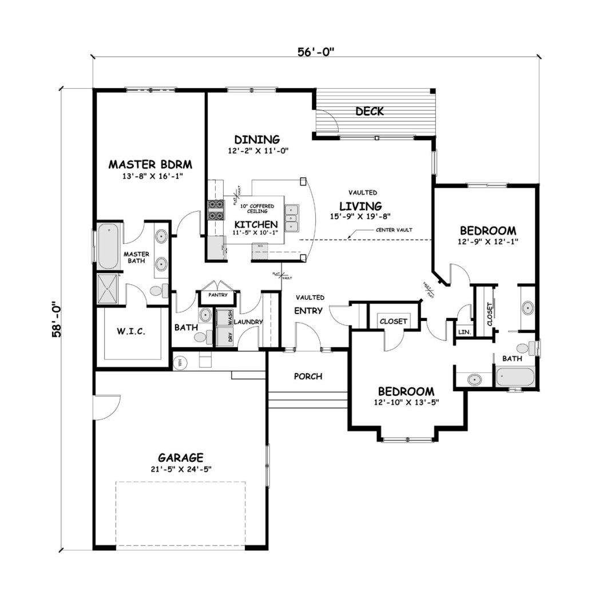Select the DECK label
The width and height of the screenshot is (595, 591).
(x=369, y=111)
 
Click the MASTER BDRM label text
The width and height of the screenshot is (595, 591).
(x=150, y=165)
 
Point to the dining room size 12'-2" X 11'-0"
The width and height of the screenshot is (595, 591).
(x=257, y=151)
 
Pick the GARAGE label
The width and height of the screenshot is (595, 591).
(x=181, y=458)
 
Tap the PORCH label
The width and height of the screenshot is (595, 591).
(x=308, y=376)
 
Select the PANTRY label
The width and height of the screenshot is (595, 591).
(x=218, y=295)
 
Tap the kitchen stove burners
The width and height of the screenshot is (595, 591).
(x=215, y=210)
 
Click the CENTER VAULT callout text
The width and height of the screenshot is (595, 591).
(x=394, y=229)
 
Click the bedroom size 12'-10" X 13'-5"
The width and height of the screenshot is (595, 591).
(x=406, y=403)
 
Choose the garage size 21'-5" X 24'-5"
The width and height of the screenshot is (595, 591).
(x=181, y=469)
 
